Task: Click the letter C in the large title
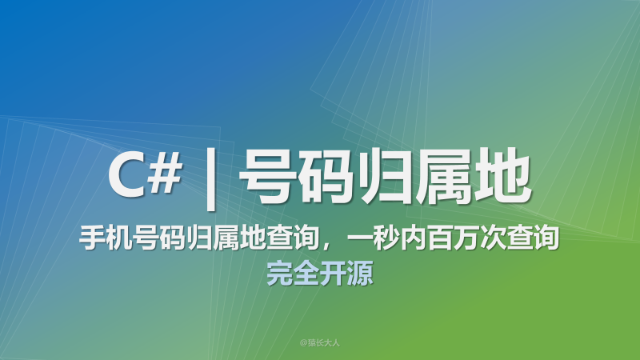[x=126, y=175]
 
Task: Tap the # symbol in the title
[x=166, y=175]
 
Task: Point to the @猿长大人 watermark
[x=320, y=342]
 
